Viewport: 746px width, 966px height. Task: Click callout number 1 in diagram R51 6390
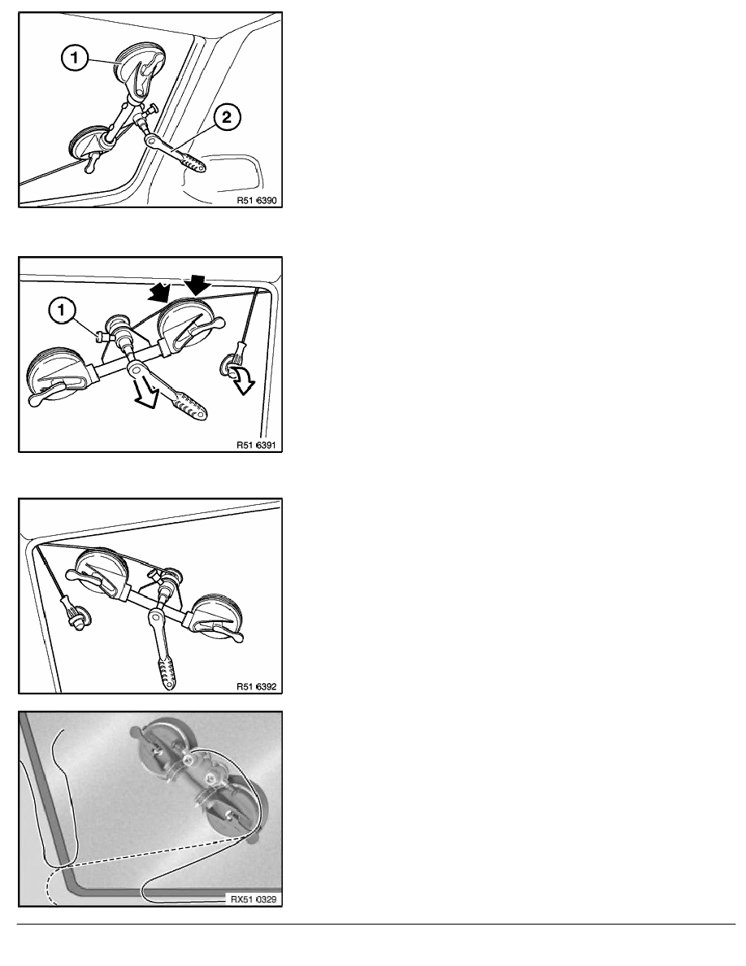point(75,59)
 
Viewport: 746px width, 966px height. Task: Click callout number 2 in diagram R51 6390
point(227,116)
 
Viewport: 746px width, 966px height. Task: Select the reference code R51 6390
point(257,200)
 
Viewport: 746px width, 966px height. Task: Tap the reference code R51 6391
point(257,445)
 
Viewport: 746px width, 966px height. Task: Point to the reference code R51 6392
point(257,686)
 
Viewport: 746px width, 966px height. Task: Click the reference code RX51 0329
point(254,899)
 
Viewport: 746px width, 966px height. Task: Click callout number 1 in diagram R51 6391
point(61,311)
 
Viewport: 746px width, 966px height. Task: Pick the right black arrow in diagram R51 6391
point(197,284)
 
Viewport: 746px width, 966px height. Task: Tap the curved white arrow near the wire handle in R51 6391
point(241,378)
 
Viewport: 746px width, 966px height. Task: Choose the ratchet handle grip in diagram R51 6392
point(166,672)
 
